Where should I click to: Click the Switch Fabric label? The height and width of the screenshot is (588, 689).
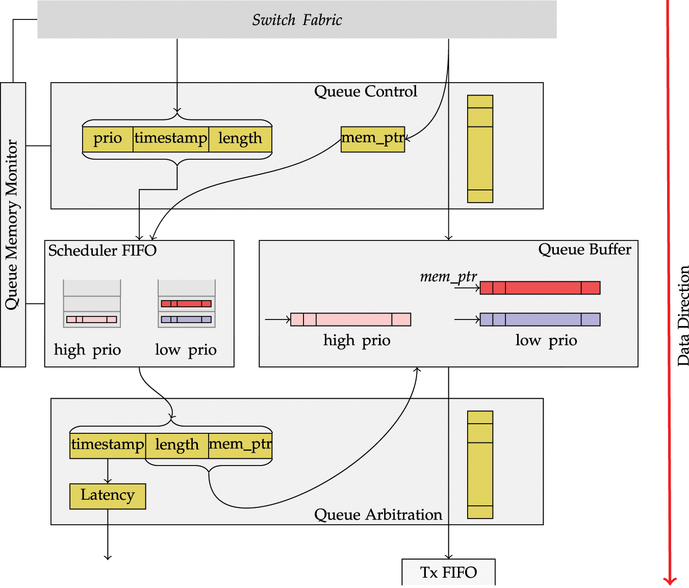click(297, 20)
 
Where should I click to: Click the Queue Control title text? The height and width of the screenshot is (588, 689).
click(366, 92)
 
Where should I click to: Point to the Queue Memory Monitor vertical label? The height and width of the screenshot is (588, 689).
click(12, 225)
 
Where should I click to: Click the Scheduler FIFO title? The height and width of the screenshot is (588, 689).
click(103, 251)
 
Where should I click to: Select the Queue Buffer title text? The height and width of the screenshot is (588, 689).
click(584, 250)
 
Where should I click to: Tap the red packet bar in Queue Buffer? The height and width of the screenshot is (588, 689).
click(540, 288)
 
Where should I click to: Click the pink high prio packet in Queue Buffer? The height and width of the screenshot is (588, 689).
click(350, 320)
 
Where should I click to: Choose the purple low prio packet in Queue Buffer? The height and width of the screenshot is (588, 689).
click(540, 320)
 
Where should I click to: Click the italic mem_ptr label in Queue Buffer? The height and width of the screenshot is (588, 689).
click(448, 277)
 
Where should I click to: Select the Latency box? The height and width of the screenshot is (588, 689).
click(108, 496)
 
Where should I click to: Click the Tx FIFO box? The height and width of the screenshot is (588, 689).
click(448, 572)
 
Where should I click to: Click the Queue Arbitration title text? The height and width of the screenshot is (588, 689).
click(378, 514)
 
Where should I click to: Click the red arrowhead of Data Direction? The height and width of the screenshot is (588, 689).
click(670, 580)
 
